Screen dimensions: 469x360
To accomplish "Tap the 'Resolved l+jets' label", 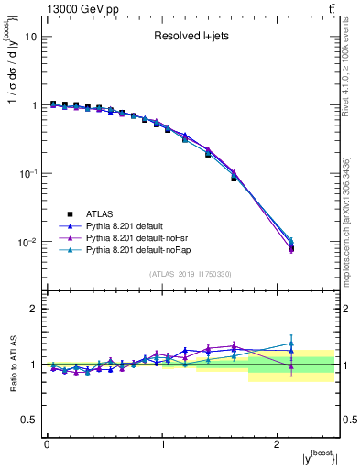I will pyautogui.click(x=191, y=38).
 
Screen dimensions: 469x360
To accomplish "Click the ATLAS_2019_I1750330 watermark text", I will pyautogui.click(x=191, y=274).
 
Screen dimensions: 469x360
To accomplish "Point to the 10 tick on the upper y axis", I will pyautogui.click(x=31, y=38).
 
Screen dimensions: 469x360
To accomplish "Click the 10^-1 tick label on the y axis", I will pyautogui.click(x=28, y=174).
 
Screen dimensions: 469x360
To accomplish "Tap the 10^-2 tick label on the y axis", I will pyautogui.click(x=28, y=243).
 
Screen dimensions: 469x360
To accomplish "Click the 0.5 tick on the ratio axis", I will pyautogui.click(x=29, y=420).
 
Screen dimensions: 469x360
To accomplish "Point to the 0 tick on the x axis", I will pyautogui.click(x=47, y=443).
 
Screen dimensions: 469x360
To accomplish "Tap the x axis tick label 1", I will pyautogui.click(x=162, y=443).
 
